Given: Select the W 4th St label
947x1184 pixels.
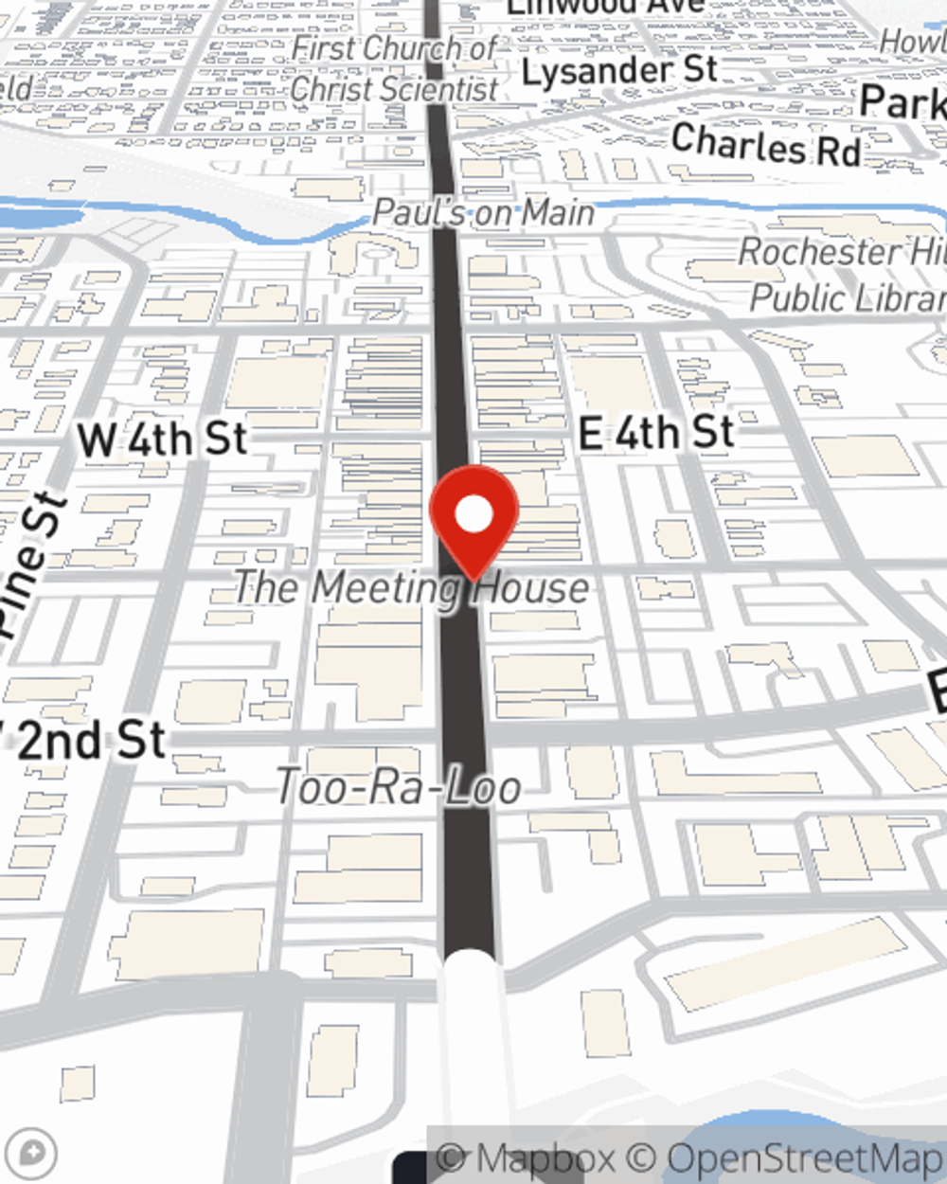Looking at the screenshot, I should click(162, 440).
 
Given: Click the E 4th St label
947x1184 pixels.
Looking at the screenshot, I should click(656, 434).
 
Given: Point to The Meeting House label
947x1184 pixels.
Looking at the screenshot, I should click(411, 587).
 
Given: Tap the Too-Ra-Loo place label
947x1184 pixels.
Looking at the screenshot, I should click(398, 787).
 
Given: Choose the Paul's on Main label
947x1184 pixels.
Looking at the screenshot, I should click(483, 212).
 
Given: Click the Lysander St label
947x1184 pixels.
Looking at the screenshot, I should click(619, 71).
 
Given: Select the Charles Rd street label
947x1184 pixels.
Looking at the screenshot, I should click(766, 144).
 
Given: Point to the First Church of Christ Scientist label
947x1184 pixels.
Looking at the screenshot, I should click(395, 68).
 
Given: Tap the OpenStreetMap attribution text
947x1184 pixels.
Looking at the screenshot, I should click(805, 1158).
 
